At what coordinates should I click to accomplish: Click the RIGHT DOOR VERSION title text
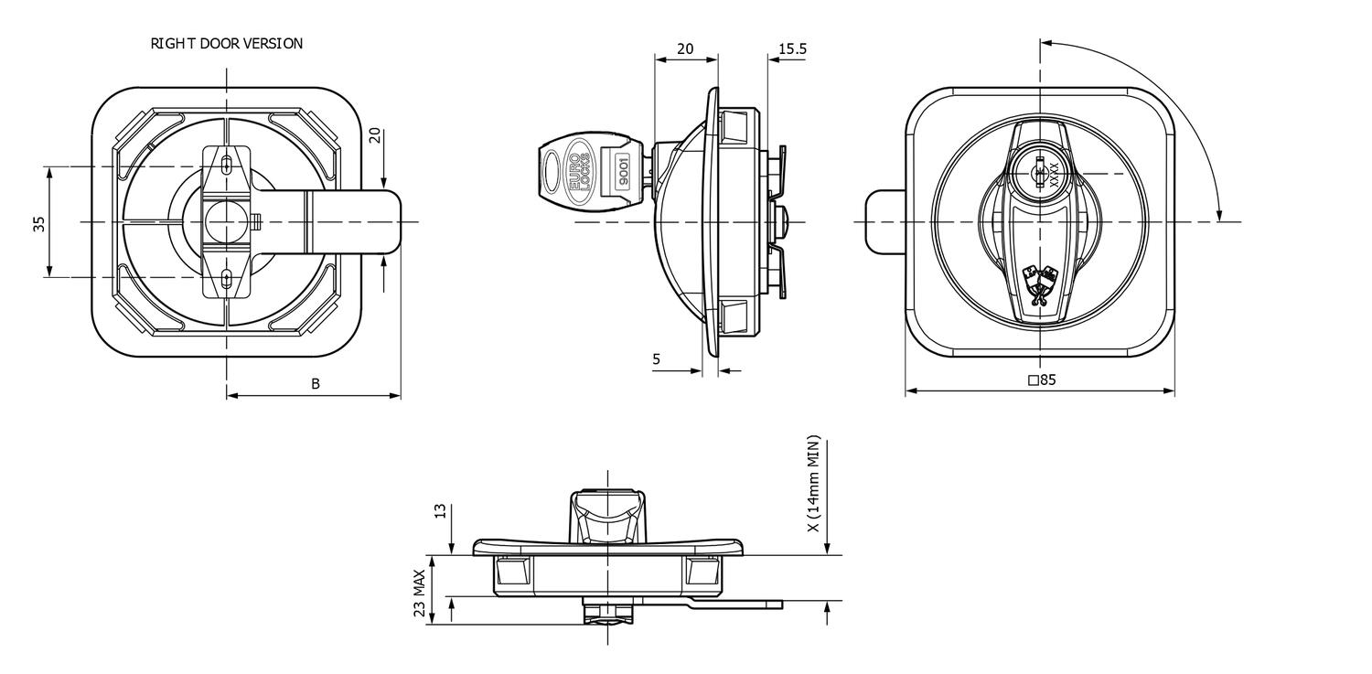(226, 43)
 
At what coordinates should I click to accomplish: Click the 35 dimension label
(39, 223)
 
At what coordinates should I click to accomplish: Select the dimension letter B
(316, 383)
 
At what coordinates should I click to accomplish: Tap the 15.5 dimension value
(792, 48)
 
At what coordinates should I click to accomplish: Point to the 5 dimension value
(657, 359)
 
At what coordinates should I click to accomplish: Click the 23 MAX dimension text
(419, 594)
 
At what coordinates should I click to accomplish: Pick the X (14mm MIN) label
(813, 483)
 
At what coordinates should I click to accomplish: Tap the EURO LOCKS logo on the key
(580, 170)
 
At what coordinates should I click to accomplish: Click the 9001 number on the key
(623, 170)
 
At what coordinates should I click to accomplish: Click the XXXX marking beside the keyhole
(1054, 175)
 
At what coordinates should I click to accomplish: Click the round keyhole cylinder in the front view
(1039, 171)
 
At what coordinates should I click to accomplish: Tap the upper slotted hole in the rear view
(226, 165)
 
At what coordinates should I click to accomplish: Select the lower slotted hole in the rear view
(226, 279)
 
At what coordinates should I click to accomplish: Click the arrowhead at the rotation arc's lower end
(1220, 215)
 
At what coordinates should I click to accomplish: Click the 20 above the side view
(685, 48)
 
